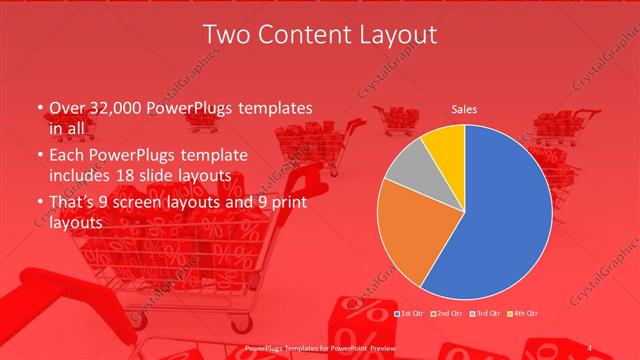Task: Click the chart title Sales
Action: tap(464, 108)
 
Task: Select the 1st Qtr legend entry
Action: tap(410, 314)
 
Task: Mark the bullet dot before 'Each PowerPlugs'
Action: tap(38, 156)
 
